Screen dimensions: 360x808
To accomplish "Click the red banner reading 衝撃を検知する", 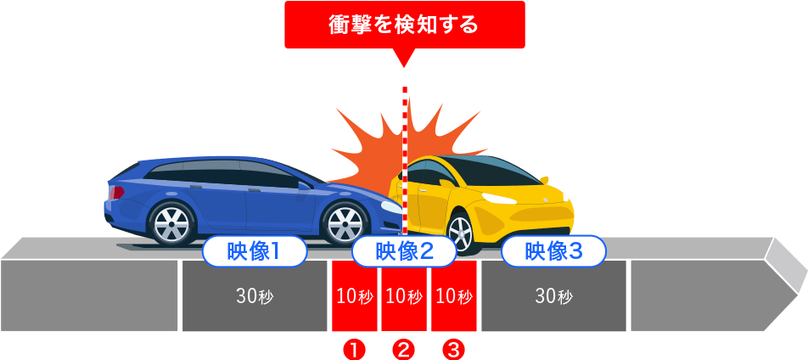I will tap(404, 25).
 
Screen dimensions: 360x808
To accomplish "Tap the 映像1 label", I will tap(254, 251).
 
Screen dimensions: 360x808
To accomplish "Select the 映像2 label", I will tap(404, 251).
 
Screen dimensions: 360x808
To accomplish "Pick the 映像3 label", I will tap(553, 251).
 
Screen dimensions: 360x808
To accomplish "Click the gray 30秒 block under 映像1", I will tap(254, 296).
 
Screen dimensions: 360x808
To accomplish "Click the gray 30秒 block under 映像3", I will tap(553, 296).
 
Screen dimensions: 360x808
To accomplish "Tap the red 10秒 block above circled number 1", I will tap(354, 296).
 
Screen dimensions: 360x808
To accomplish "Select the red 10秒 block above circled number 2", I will tap(404, 296).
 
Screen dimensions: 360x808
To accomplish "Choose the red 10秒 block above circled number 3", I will tap(454, 296).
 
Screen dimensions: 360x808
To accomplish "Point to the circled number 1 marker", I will tap(354, 349).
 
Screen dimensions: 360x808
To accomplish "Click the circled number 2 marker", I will tap(404, 349).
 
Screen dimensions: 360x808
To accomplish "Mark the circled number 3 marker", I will tap(454, 349).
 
